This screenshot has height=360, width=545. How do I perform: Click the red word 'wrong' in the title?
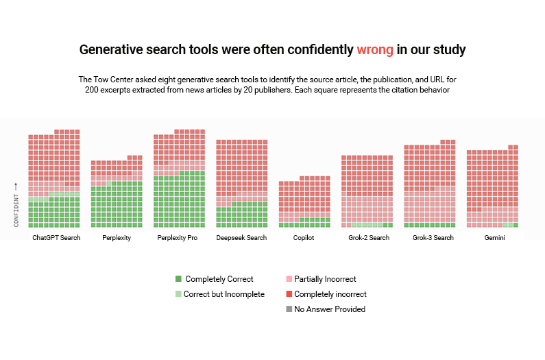[x=375, y=50]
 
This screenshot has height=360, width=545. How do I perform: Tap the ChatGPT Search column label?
[x=56, y=237]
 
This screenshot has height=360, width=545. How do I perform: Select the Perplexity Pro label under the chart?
[x=178, y=237]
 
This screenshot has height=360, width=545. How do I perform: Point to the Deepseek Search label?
[x=241, y=237]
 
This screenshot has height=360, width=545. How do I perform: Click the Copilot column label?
[x=304, y=237]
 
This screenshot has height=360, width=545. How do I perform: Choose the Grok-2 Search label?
[x=369, y=237]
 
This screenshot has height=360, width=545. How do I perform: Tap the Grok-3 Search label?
[x=433, y=237]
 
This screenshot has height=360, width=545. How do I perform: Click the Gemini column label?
[x=494, y=237]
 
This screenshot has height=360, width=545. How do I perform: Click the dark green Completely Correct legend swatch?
[x=178, y=278]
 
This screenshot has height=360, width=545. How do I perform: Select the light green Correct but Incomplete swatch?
[x=178, y=294]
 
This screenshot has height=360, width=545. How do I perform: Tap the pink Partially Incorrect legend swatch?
[x=289, y=278]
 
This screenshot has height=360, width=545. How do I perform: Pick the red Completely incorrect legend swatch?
[x=289, y=294]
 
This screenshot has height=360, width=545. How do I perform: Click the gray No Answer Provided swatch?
[x=289, y=309]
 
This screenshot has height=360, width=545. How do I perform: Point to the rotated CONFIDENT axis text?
[x=16, y=211]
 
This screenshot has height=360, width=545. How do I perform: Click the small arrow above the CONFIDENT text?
[x=16, y=187]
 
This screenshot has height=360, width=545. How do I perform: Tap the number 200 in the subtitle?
[x=92, y=90]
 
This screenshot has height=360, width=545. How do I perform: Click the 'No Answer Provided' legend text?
[x=330, y=309]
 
